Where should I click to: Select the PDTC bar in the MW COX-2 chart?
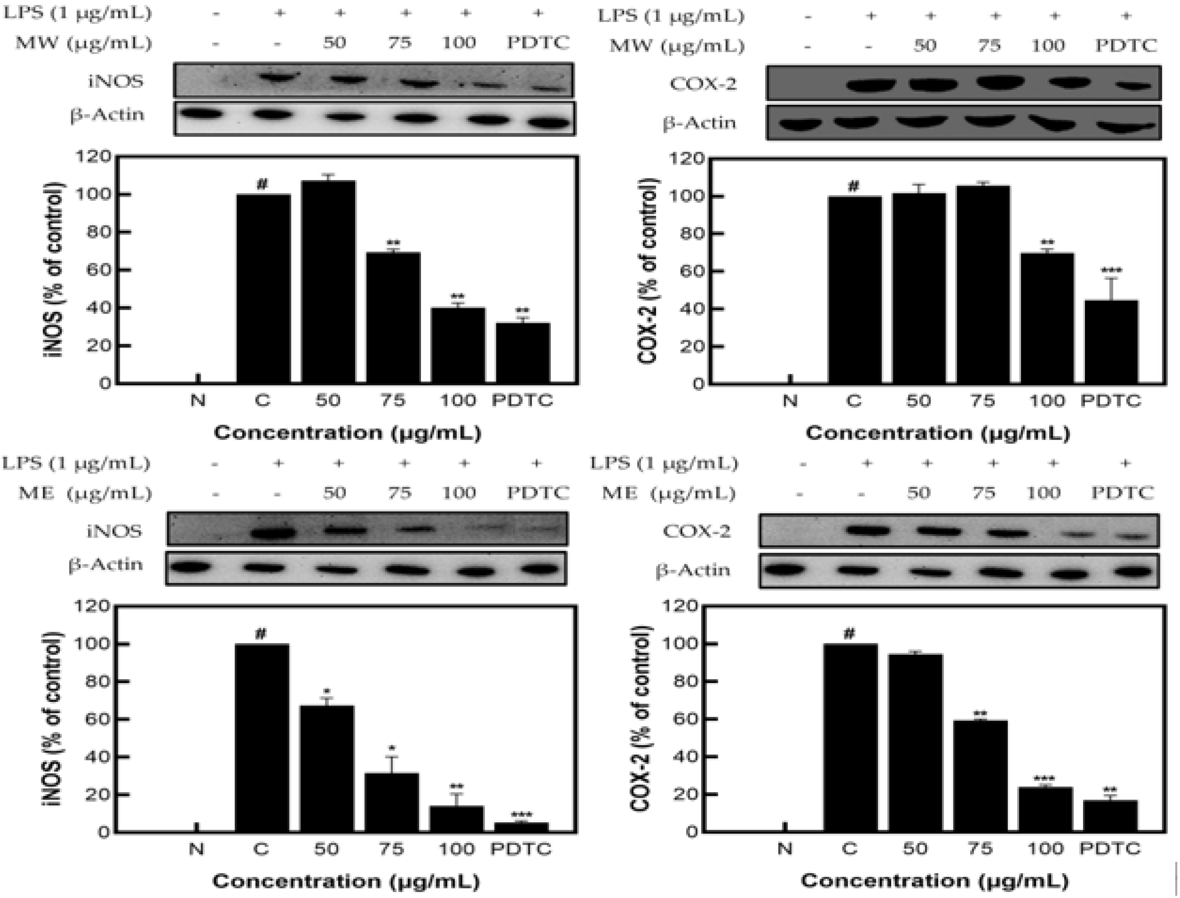(1111, 342)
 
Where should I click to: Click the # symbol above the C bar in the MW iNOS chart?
(262, 185)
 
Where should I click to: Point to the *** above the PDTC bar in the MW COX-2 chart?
(1111, 270)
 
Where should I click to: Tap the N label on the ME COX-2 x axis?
(784, 849)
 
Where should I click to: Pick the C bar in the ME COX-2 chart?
(850, 738)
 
